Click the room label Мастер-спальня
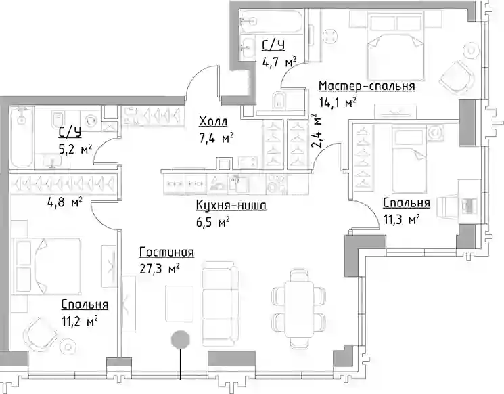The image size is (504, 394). [x=367, y=86]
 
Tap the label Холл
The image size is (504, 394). [x=213, y=122]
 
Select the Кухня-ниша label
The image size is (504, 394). [x=231, y=205]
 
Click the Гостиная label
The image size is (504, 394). [x=167, y=253]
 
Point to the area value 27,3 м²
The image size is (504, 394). [x=160, y=269]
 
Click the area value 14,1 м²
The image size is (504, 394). [x=338, y=103]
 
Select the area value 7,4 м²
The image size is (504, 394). [x=216, y=139]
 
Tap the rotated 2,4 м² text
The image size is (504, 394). [x=316, y=131]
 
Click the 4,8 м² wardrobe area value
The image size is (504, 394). [x=64, y=202]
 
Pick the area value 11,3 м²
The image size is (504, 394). [x=401, y=219]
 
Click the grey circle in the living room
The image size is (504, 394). [x=181, y=340]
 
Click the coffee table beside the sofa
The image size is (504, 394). [x=179, y=304]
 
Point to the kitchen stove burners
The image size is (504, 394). [x=275, y=183]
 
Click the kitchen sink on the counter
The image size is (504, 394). [x=237, y=183]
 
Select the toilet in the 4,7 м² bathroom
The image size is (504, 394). [x=279, y=100]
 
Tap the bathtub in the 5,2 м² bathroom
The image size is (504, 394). [x=21, y=137]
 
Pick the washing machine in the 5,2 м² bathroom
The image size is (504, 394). [x=91, y=120]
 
